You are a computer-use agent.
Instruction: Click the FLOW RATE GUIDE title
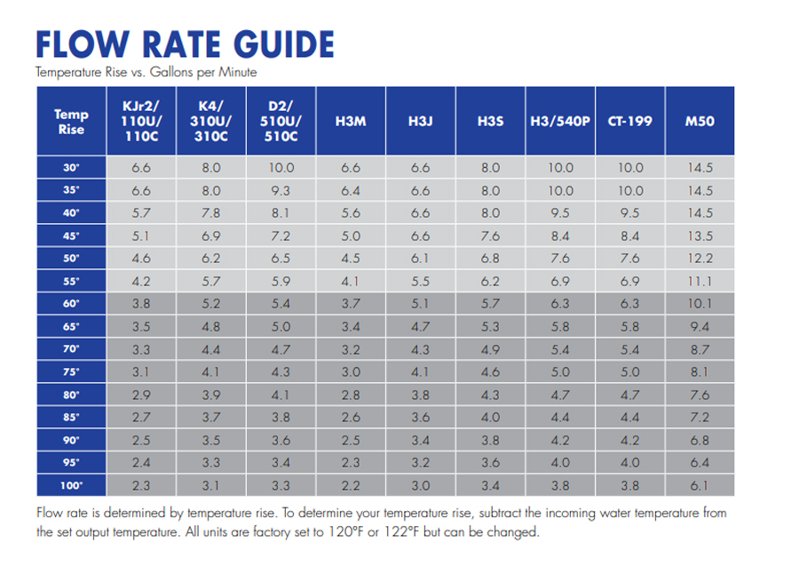pyautogui.click(x=185, y=44)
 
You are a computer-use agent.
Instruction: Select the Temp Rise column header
pyautogui.click(x=71, y=122)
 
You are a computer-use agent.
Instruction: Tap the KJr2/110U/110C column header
pyautogui.click(x=141, y=122)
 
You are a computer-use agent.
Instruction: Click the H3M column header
pyautogui.click(x=351, y=122)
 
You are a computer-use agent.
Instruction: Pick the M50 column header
pyautogui.click(x=700, y=122)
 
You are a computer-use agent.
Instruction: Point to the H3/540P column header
pyautogui.click(x=560, y=122)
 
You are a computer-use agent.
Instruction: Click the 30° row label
pyautogui.click(x=71, y=167)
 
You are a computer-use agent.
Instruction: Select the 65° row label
pyautogui.click(x=71, y=327)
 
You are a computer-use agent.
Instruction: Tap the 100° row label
pyautogui.click(x=71, y=486)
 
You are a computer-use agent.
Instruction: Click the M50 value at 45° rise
pyautogui.click(x=700, y=236)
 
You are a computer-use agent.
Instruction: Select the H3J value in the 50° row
pyautogui.click(x=420, y=259)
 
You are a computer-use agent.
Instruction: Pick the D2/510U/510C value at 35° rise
pyautogui.click(x=281, y=190)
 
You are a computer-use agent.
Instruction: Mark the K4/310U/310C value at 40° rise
pyautogui.click(x=211, y=213)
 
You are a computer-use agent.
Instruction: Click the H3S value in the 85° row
pyautogui.click(x=490, y=418)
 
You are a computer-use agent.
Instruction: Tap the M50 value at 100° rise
pyautogui.click(x=700, y=486)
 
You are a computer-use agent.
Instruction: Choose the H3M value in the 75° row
pyautogui.click(x=351, y=372)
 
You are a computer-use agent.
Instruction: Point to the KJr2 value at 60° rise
pyautogui.click(x=141, y=304)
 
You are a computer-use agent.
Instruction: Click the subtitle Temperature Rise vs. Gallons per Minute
pyautogui.click(x=146, y=72)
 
